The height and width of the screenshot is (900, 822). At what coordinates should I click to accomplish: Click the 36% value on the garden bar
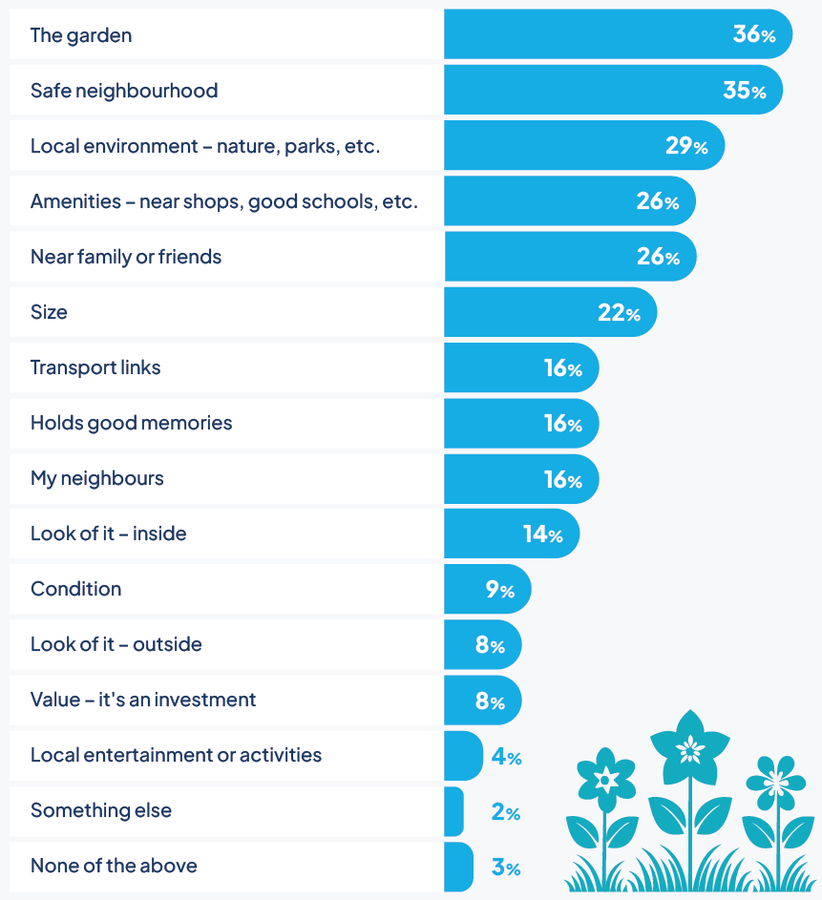click(x=754, y=35)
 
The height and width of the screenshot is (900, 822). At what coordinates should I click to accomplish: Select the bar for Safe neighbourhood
click(x=611, y=91)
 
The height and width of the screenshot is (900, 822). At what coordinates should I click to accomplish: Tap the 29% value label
click(x=686, y=147)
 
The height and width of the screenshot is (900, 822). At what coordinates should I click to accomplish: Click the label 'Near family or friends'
click(x=126, y=257)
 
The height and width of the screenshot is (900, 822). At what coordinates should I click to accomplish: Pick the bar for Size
click(x=549, y=312)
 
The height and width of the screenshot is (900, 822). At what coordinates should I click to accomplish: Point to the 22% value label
click(x=619, y=313)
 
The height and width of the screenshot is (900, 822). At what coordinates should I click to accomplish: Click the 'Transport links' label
click(x=95, y=367)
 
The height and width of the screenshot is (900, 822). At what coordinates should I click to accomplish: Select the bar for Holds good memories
click(x=520, y=423)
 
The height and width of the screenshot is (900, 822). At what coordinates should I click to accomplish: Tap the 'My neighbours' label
click(x=97, y=478)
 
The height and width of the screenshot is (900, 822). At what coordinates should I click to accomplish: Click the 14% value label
click(x=542, y=534)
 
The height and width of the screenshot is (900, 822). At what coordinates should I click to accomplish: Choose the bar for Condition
click(x=487, y=589)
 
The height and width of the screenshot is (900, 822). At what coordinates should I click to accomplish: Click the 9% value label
click(x=499, y=590)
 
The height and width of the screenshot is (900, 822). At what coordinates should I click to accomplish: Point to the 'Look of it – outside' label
click(x=116, y=644)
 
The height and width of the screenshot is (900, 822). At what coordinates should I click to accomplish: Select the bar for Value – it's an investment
click(x=482, y=700)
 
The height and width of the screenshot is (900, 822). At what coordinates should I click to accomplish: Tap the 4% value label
click(x=506, y=758)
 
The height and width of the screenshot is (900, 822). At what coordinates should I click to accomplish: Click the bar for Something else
click(x=453, y=811)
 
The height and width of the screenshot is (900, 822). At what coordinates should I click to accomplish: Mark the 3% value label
click(x=506, y=869)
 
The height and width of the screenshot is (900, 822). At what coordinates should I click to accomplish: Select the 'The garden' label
click(x=81, y=35)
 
